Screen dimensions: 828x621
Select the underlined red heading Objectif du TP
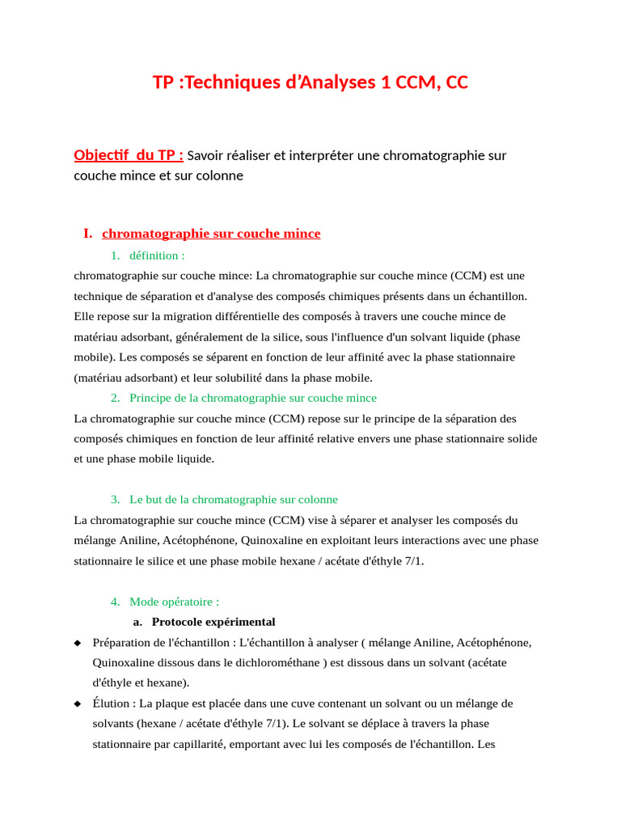pos(128,155)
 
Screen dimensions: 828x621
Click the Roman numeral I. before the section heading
pos(87,234)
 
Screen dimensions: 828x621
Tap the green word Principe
pos(151,398)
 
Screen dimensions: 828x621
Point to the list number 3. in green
pos(116,500)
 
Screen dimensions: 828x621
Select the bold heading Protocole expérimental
pos(213,622)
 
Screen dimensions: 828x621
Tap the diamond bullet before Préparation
pos(78,643)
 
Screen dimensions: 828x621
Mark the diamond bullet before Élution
pos(78,704)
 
